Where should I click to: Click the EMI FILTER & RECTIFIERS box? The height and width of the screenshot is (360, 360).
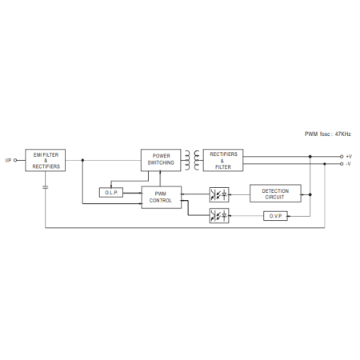click(46, 160)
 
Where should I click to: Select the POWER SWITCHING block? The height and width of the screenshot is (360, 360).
click(161, 160)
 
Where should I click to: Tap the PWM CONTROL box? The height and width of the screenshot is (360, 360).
click(162, 198)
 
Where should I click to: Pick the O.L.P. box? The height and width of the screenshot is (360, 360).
click(111, 193)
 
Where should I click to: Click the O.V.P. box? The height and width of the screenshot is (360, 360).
click(275, 216)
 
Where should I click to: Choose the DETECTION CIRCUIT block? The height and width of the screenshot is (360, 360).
click(275, 194)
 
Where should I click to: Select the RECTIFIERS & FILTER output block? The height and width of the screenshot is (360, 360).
click(223, 160)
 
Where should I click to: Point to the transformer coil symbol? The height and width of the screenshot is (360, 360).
click(192, 160)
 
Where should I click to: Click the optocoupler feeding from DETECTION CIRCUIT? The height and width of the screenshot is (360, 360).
click(219, 194)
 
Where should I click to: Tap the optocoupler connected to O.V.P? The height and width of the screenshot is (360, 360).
click(219, 216)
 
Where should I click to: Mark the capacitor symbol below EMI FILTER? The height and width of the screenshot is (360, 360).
click(46, 187)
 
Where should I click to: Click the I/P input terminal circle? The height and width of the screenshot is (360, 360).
click(15, 160)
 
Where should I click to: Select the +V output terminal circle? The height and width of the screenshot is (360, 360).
click(342, 157)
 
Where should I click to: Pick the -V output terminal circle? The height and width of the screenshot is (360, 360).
click(342, 164)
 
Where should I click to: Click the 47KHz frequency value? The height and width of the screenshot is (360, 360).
click(343, 134)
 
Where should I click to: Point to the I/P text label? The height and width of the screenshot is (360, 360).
click(8, 160)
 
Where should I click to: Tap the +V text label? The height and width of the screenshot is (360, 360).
click(349, 157)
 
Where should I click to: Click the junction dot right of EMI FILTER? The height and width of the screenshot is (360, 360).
click(82, 160)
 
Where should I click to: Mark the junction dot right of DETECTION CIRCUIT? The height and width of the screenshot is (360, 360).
click(310, 194)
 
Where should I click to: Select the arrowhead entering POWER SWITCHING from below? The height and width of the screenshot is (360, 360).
click(160, 173)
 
